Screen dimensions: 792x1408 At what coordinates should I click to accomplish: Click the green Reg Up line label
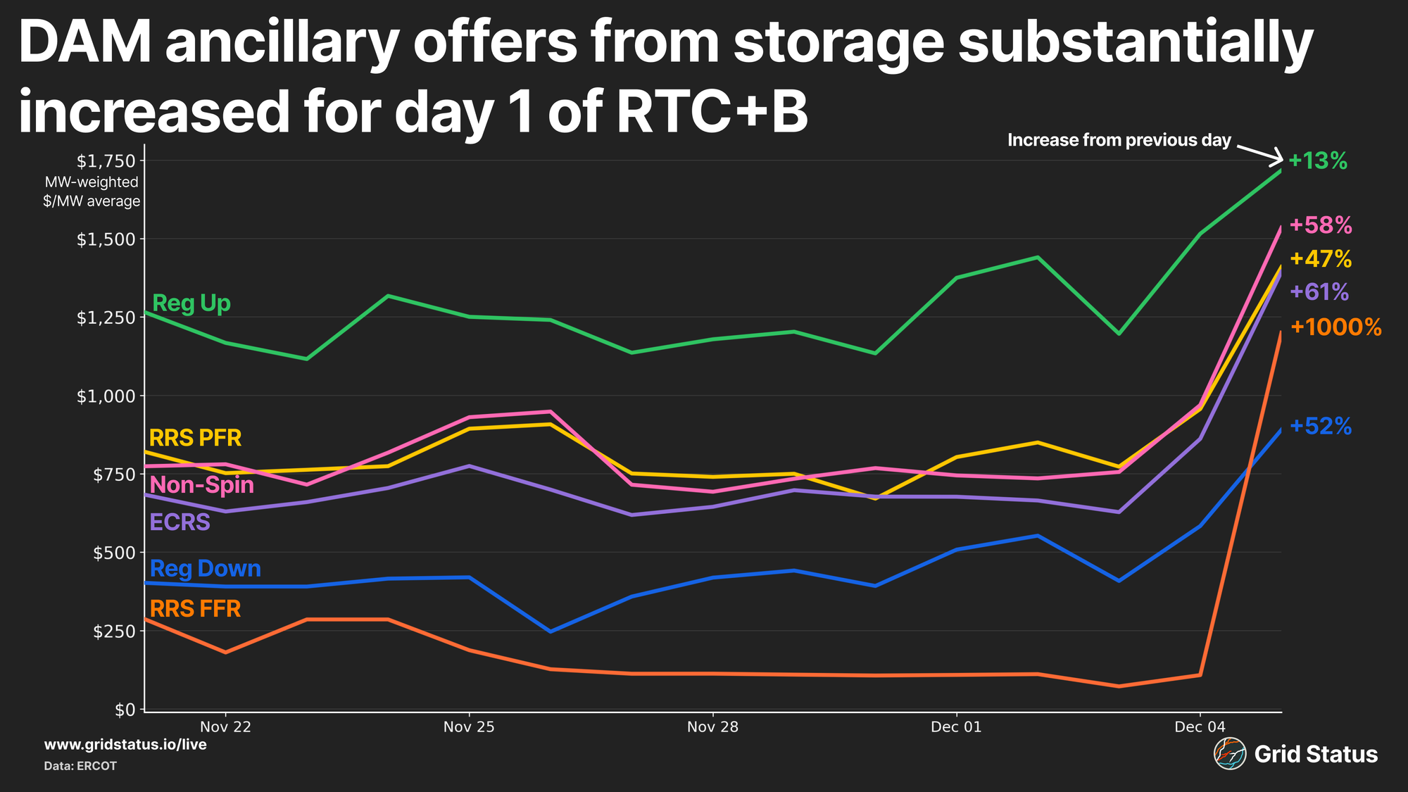click(x=191, y=303)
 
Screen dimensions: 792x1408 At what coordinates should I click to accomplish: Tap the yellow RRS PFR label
click(x=195, y=438)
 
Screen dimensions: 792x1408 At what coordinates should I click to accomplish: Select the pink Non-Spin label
click(x=202, y=485)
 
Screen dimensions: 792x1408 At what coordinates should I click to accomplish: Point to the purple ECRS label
click(x=180, y=522)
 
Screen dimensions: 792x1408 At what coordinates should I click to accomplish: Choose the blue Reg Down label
click(x=205, y=568)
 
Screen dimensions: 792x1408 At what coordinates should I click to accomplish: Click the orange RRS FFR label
click(x=195, y=609)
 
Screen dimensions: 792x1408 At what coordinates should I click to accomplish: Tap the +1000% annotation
click(x=1335, y=327)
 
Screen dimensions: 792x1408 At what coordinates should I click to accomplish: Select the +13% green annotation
click(x=1318, y=161)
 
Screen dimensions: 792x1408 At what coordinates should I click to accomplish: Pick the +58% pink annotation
click(x=1321, y=225)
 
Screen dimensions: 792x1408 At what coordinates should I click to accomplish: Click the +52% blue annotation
click(x=1321, y=427)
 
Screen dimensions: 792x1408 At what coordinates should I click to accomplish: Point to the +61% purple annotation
click(x=1319, y=291)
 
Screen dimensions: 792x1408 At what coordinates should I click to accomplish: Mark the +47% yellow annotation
click(x=1321, y=259)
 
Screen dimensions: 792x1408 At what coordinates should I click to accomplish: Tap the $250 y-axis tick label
click(x=113, y=631)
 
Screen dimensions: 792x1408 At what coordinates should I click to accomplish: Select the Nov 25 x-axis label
click(x=469, y=727)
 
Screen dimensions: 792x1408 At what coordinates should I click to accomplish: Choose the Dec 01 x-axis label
click(x=956, y=727)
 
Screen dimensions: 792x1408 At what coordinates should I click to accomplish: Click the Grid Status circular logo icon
click(x=1229, y=754)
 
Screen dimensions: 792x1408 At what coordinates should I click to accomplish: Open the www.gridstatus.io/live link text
click(x=125, y=745)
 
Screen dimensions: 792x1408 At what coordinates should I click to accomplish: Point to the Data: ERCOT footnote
click(x=80, y=766)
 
